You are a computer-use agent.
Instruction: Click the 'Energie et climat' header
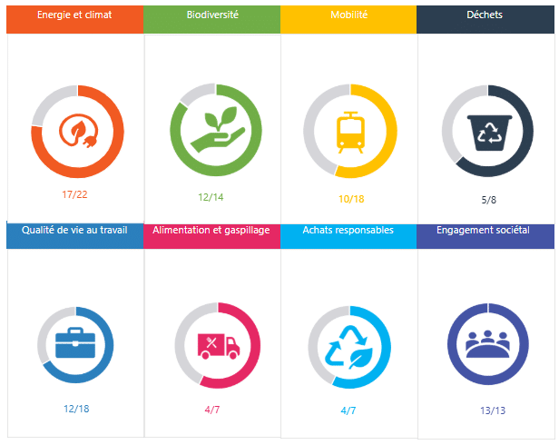pyautogui.click(x=74, y=15)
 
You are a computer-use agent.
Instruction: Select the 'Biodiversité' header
pyautogui.click(x=212, y=15)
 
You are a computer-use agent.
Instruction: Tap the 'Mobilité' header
pyautogui.click(x=349, y=15)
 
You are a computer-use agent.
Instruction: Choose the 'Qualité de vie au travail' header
pyautogui.click(x=74, y=231)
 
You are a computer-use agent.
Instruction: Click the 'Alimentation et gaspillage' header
pyautogui.click(x=211, y=231)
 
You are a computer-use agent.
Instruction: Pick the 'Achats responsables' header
pyautogui.click(x=348, y=231)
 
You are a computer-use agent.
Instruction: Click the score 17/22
pyautogui.click(x=75, y=195)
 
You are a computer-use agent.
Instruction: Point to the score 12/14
pyautogui.click(x=211, y=197)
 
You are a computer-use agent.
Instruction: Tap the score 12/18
pyautogui.click(x=76, y=409)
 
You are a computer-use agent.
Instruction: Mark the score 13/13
pyautogui.click(x=488, y=410)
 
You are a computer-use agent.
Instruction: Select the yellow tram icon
pyautogui.click(x=349, y=132)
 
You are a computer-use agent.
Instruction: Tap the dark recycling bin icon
pyautogui.click(x=487, y=131)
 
